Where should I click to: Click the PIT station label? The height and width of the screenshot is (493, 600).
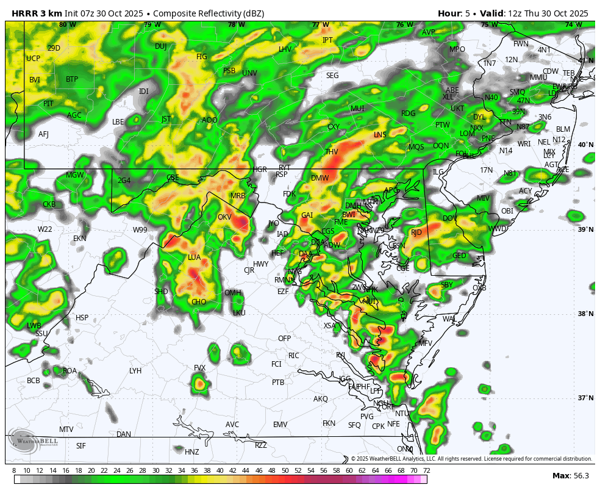[48, 104]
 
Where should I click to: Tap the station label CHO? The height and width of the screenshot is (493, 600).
[199, 302]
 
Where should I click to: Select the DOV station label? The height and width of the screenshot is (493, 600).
[449, 218]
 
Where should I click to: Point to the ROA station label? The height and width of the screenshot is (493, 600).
[70, 370]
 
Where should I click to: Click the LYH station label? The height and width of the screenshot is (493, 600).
[135, 370]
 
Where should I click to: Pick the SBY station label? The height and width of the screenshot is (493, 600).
[447, 285]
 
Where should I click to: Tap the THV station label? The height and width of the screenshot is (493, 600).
[332, 152]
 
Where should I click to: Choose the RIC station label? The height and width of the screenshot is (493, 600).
[294, 356]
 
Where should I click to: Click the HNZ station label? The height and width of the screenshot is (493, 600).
[192, 452]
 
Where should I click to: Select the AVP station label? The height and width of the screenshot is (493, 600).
[429, 32]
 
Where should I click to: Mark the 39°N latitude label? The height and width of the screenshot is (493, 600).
[585, 229]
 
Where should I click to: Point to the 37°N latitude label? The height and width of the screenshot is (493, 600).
[585, 398]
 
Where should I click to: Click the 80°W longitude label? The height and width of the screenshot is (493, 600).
[67, 25]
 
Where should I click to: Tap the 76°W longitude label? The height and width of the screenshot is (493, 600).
[404, 25]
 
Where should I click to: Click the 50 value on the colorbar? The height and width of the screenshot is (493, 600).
[285, 470]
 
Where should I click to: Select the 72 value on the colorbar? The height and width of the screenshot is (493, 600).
[426, 470]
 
